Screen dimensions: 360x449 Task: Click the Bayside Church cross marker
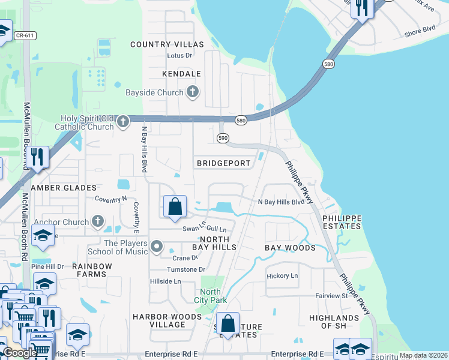point(192,92)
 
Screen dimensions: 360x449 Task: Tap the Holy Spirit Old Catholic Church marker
point(123,122)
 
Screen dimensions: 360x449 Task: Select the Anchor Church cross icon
point(98,221)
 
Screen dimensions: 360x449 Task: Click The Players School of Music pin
point(157,246)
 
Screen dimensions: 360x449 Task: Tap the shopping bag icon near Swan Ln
point(175,208)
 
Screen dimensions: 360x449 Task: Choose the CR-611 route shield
point(26,36)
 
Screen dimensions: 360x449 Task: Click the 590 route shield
point(223,138)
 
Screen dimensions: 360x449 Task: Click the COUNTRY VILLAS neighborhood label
point(167,44)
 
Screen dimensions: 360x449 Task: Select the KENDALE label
point(181,74)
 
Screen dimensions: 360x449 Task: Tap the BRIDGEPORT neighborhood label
point(223,163)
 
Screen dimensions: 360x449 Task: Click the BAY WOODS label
point(290,248)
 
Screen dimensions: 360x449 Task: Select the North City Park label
point(210,296)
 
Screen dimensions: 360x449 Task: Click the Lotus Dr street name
point(179,56)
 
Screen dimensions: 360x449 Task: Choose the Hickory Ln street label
point(282,276)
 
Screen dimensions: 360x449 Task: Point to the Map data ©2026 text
point(423,355)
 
